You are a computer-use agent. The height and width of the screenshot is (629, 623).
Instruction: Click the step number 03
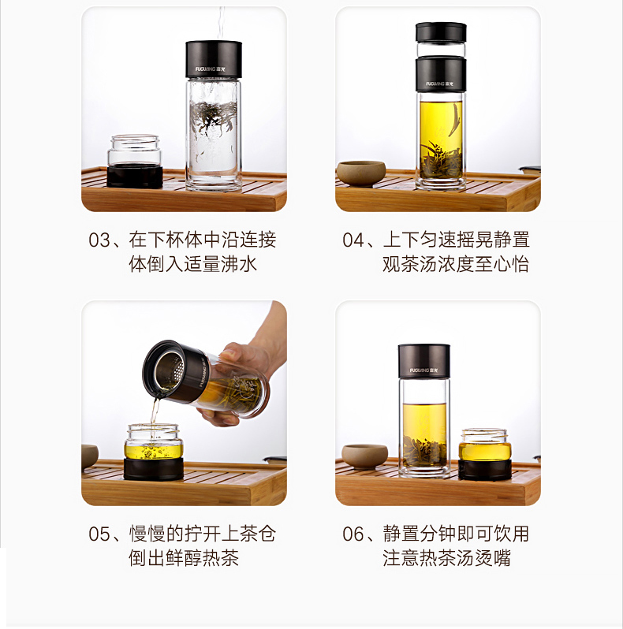coord(99,240)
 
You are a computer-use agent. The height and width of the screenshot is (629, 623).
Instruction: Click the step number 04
coord(353,240)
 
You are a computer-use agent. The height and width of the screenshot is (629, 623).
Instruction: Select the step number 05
coord(99,534)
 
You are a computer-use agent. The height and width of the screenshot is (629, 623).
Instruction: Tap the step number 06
coord(353,534)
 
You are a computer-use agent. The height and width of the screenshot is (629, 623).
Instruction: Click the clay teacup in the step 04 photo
coord(361,173)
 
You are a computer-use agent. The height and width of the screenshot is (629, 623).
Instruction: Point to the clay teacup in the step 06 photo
coord(364,456)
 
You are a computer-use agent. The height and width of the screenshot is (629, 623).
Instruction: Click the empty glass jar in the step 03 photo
coord(135,162)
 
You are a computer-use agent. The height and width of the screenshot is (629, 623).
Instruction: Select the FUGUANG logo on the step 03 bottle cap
coord(211,69)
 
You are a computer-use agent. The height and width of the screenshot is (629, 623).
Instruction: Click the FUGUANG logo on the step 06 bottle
coord(424,370)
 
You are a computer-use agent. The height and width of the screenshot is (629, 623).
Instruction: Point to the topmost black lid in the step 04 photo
coord(441,32)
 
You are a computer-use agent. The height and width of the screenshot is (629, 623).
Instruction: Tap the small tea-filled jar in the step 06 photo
coord(486,454)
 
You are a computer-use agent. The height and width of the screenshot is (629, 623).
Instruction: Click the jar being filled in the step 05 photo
coord(154,452)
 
